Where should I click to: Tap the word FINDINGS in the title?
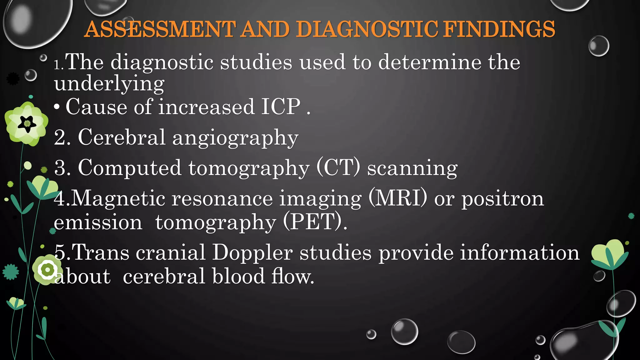tap(499, 29)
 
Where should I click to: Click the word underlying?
tap(109, 84)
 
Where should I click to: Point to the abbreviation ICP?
tap(281, 107)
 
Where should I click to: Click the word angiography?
tap(235, 137)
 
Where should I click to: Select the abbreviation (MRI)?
tap(398, 198)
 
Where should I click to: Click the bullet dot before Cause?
tap(57, 107)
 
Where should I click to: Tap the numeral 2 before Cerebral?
tap(60, 137)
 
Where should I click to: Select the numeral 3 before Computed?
tap(60, 168)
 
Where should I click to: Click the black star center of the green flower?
tap(27, 124)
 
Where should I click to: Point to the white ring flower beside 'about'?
tap(47, 269)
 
